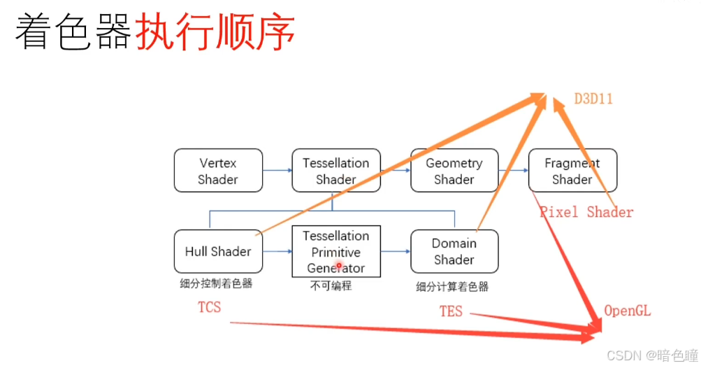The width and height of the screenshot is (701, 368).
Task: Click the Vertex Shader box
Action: pyautogui.click(x=218, y=171)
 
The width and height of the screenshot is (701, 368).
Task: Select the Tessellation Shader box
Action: pyautogui.click(x=336, y=171)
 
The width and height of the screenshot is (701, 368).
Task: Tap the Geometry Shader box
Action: pyautogui.click(x=454, y=171)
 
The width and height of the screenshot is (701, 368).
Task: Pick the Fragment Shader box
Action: pyautogui.click(x=572, y=171)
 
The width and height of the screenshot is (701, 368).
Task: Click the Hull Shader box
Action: pyautogui.click(x=218, y=251)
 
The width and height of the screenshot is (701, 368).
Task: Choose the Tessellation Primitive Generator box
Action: pyautogui.click(x=336, y=251)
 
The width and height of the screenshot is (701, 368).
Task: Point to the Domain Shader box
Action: pyautogui.click(x=454, y=251)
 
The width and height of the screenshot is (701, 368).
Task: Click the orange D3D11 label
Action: pyautogui.click(x=593, y=99)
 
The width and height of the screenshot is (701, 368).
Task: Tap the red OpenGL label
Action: pyautogui.click(x=628, y=311)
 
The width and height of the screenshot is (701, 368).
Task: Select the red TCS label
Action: pyautogui.click(x=210, y=307)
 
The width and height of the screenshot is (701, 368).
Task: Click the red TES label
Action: pyautogui.click(x=451, y=311)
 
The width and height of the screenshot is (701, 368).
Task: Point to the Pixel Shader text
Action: pyautogui.click(x=586, y=212)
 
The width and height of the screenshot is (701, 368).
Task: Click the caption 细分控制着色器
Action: pyautogui.click(x=216, y=284)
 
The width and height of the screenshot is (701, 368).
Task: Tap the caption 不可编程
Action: pyautogui.click(x=331, y=285)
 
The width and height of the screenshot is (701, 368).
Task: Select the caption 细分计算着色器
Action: pyautogui.click(x=452, y=287)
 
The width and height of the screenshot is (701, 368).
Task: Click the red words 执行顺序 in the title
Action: pyautogui.click(x=215, y=32)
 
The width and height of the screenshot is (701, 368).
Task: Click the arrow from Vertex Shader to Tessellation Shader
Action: pyautogui.click(x=277, y=171)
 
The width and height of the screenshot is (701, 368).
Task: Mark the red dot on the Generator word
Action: pyautogui.click(x=339, y=266)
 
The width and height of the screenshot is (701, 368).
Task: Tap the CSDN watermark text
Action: pyautogui.click(x=651, y=355)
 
